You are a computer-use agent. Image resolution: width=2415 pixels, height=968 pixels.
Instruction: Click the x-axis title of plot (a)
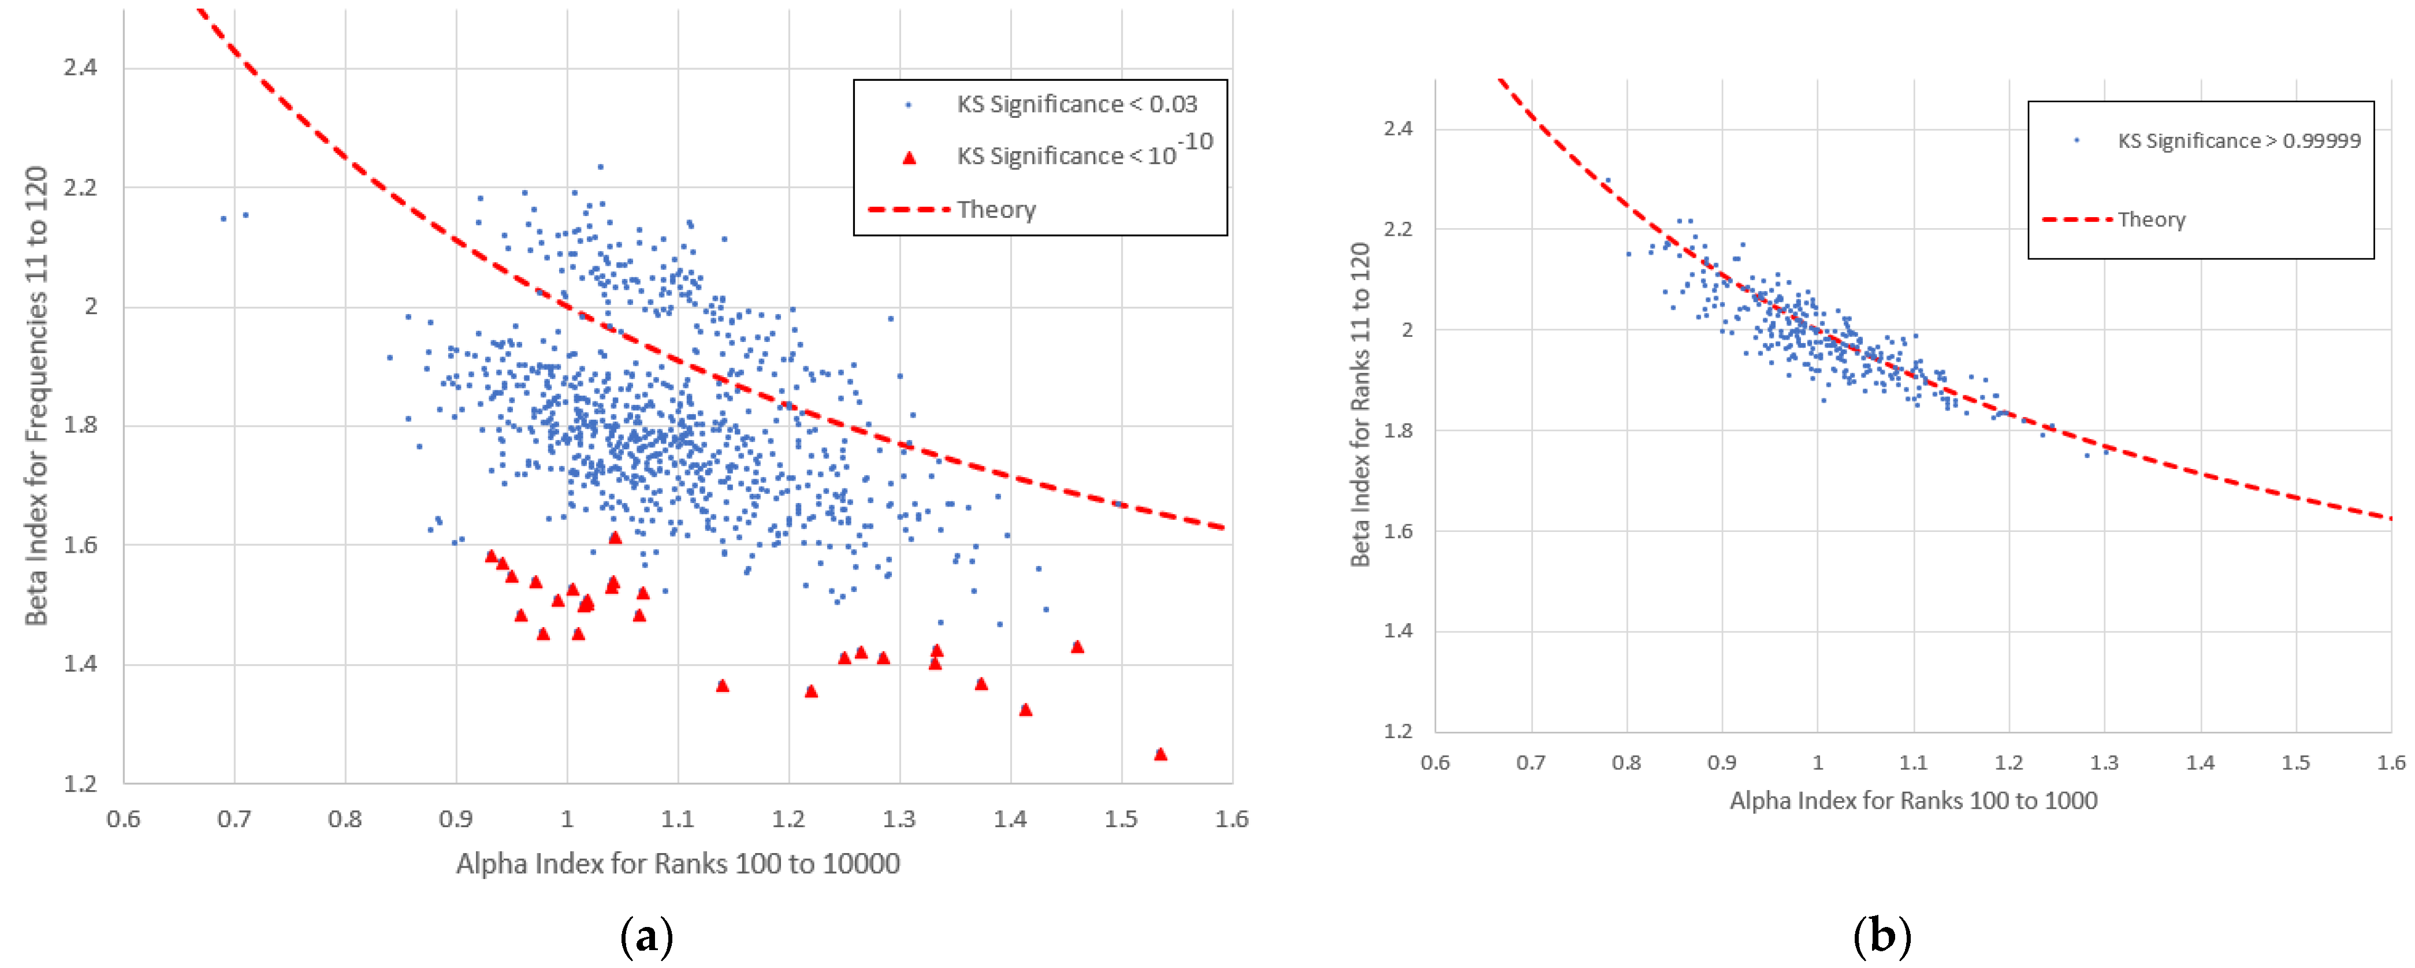point(677,863)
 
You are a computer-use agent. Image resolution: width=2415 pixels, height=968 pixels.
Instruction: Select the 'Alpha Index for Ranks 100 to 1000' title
point(1912,801)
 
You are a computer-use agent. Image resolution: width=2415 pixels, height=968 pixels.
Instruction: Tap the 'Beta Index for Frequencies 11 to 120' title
point(36,396)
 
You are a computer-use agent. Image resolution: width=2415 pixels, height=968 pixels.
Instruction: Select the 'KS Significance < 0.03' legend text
point(1076,104)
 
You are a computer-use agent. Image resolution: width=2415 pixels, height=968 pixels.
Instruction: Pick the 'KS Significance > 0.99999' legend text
point(2239,140)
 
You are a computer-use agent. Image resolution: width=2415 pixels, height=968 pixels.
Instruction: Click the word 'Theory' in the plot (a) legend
point(996,210)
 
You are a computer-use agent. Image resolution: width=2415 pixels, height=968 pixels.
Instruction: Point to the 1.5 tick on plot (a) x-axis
point(1121,819)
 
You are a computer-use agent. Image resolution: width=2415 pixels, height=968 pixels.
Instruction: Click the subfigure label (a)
point(647,935)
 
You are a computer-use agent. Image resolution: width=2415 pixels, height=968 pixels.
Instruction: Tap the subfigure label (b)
point(1881,935)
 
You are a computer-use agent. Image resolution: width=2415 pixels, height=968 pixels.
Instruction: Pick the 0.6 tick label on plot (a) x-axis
point(123,819)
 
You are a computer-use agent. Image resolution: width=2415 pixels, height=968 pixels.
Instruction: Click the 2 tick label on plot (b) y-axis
point(1406,330)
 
